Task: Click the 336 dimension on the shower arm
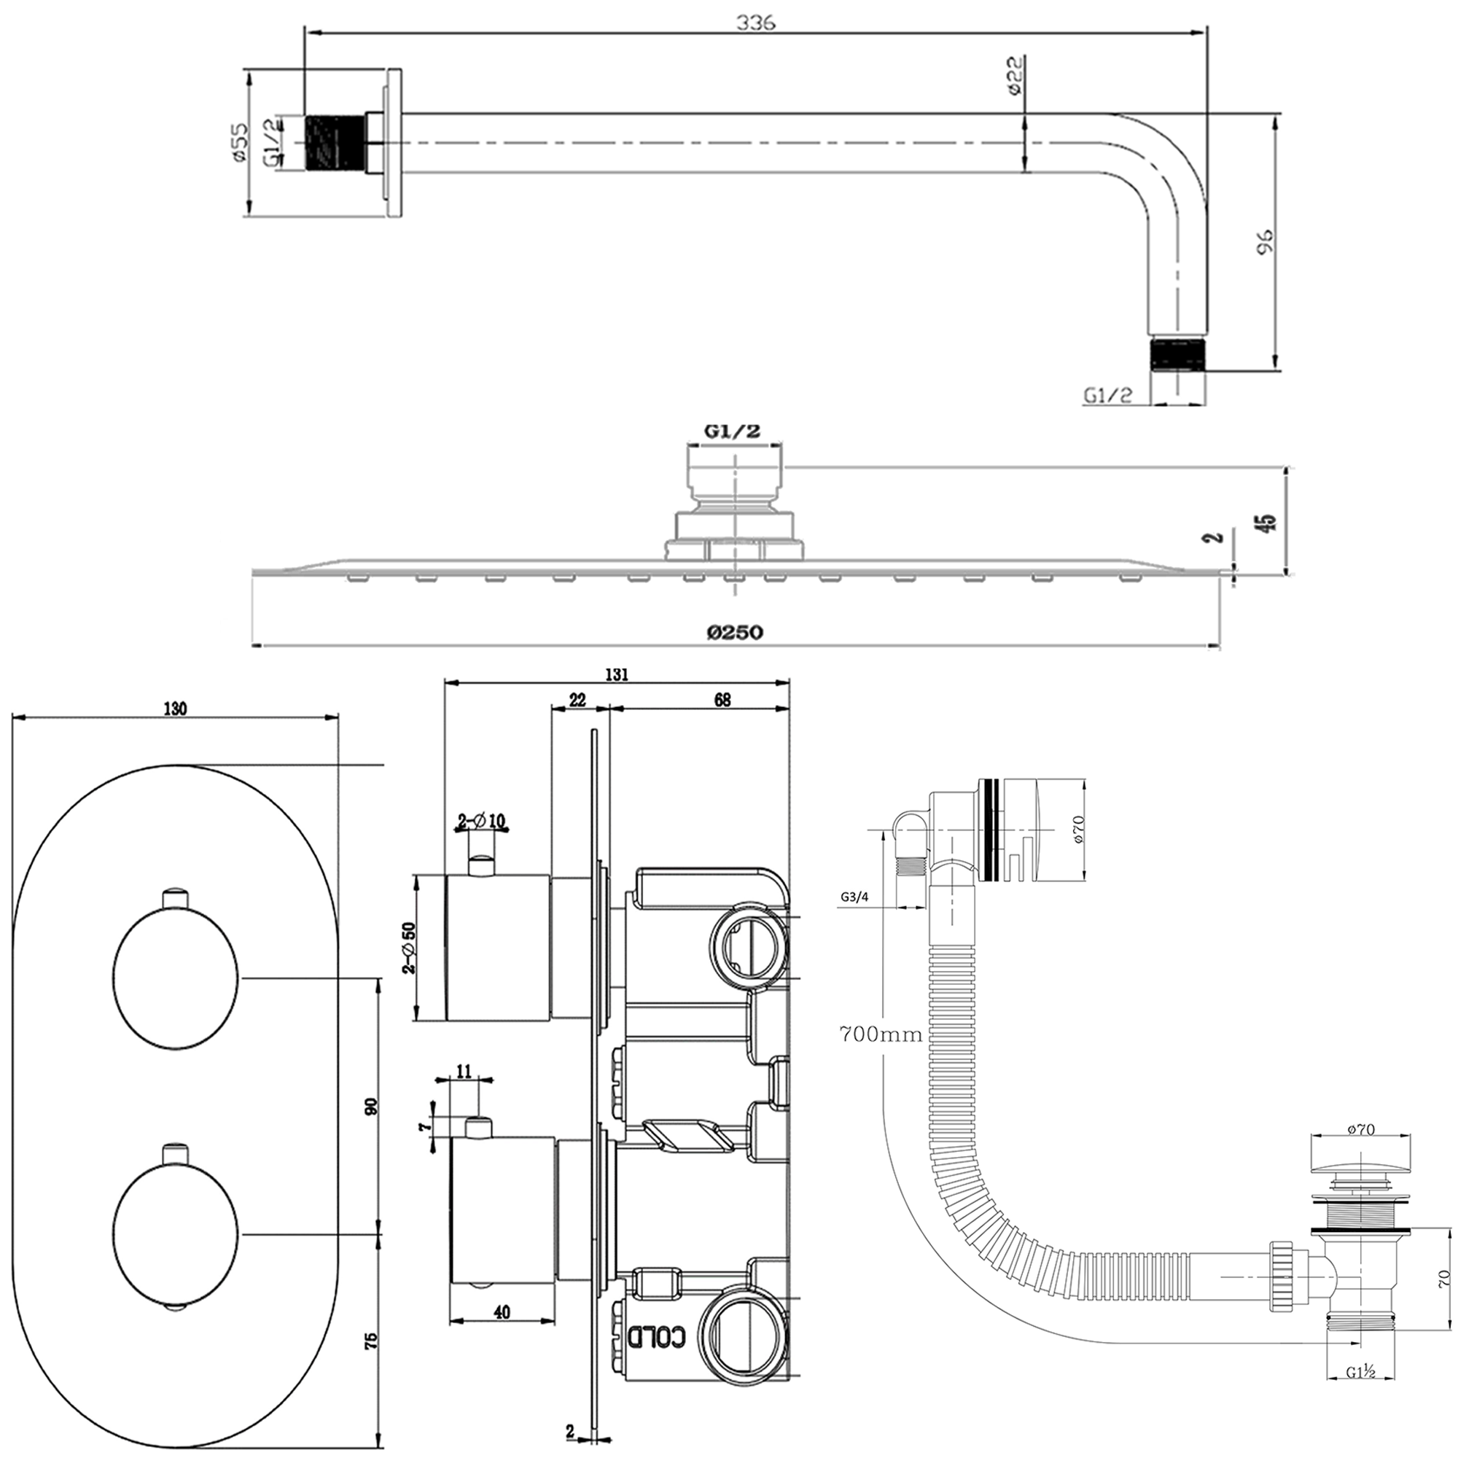(x=755, y=23)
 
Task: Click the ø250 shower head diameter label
(x=735, y=631)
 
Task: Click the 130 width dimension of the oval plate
(x=174, y=709)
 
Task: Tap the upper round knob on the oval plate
(x=176, y=978)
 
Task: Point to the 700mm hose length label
(x=881, y=1034)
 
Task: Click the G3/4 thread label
(x=855, y=898)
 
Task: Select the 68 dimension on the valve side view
(x=722, y=701)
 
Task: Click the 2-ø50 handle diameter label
(x=408, y=948)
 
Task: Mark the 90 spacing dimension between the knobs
(x=370, y=1107)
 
